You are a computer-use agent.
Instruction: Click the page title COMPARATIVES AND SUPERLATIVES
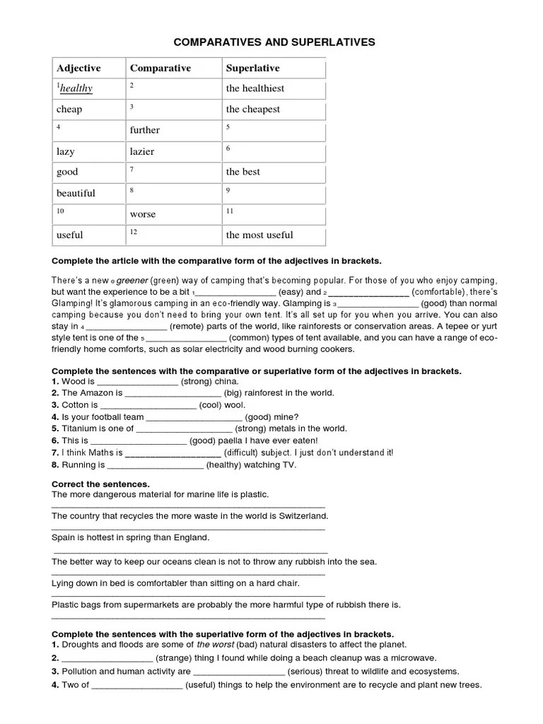[x=274, y=42]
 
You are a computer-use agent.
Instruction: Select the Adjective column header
[x=78, y=69]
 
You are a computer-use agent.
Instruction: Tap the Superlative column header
[x=252, y=69]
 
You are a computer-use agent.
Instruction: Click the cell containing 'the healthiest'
[x=255, y=88]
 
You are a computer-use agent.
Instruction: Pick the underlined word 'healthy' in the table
[x=76, y=88]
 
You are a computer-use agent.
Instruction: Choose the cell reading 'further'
[x=144, y=130]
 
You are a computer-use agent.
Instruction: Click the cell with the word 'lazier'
[x=141, y=151]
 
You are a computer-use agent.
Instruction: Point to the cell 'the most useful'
[x=259, y=235]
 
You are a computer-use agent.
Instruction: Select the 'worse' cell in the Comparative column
[x=142, y=214]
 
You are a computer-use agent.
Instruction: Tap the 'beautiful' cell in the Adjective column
[x=76, y=193]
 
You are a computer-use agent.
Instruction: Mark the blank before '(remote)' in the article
[x=126, y=327]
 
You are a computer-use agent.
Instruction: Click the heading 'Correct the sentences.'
[x=100, y=484]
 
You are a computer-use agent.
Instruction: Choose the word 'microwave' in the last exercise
[x=412, y=658]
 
